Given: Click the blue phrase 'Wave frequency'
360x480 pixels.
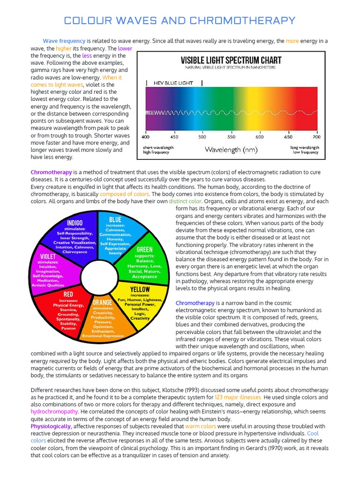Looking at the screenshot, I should (64, 41).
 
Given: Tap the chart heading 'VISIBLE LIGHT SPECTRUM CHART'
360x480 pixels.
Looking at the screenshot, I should (231, 60).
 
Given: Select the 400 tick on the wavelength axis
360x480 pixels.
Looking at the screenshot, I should (145, 137).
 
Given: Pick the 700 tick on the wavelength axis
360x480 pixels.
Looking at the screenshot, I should (316, 137).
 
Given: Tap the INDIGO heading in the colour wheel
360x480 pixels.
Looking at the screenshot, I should (75, 222).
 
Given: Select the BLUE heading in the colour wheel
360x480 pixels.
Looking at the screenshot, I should (115, 219).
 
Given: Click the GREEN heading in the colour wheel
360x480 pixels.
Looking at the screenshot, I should (144, 249).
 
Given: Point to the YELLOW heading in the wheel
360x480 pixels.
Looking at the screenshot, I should (140, 289).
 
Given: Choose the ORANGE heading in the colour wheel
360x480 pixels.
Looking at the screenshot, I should (102, 302).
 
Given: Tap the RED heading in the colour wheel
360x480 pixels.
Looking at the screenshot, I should (68, 294).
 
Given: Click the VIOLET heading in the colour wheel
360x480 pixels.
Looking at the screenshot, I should (48, 256).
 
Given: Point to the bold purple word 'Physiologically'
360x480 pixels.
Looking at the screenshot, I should (51, 426).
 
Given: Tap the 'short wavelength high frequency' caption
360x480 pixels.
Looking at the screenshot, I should (158, 150).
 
